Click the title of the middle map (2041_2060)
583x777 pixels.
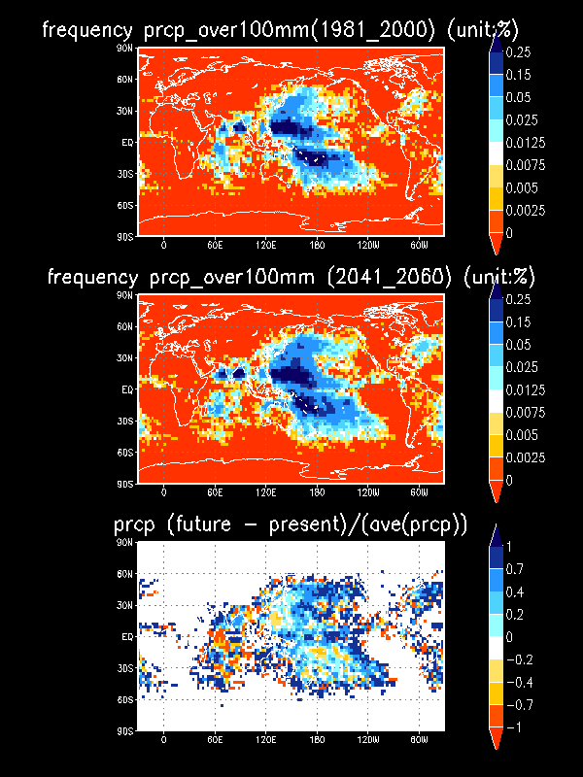click(291, 278)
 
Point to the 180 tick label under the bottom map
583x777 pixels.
click(317, 740)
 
